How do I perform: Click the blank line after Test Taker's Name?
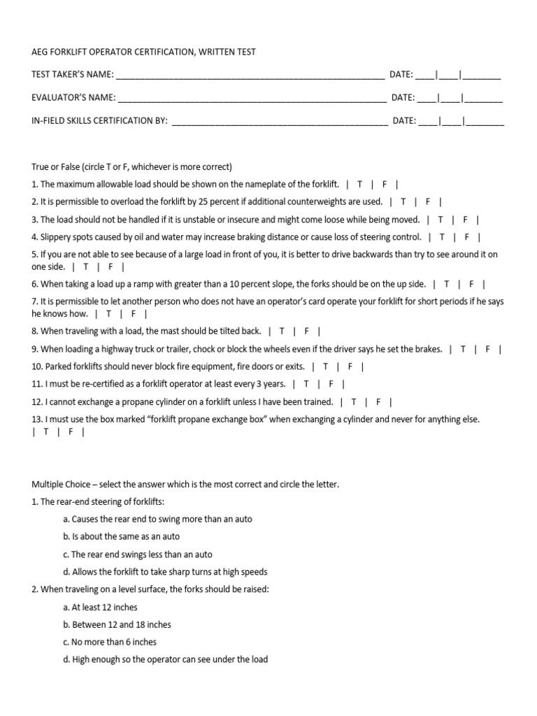pos(249,76)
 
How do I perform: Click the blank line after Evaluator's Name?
pos(251,98)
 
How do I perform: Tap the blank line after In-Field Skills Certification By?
pos(279,121)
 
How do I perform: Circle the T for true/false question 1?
pos(359,185)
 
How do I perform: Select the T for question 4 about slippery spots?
pos(442,237)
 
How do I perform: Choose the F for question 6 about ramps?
pos(471,285)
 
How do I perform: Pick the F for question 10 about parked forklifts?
pos(350,366)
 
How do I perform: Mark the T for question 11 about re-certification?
pos(306,384)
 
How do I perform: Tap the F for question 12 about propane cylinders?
pos(378,402)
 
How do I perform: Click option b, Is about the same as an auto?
pos(121,536)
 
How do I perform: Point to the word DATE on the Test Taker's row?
pos(401,75)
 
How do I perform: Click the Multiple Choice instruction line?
pos(185,484)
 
